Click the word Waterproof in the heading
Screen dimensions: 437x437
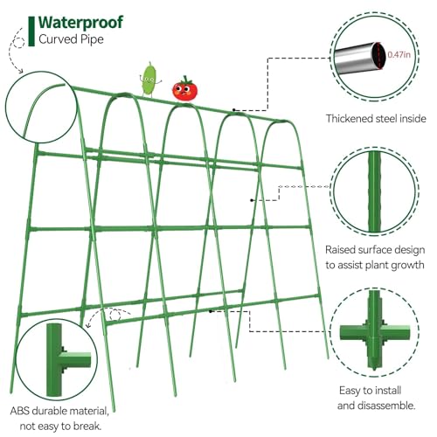point(80,23)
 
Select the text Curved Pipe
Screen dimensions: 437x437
point(71,39)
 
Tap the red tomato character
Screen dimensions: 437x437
point(184,89)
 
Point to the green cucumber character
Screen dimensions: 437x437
point(150,79)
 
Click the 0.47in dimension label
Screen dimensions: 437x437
point(399,54)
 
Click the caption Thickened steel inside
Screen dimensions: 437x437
point(376,119)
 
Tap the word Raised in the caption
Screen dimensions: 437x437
point(340,250)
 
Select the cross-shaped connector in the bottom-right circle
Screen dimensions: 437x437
point(374,332)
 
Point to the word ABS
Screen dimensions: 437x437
point(20,411)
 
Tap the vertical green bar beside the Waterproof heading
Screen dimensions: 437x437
point(31,31)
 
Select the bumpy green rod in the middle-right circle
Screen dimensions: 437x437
point(374,191)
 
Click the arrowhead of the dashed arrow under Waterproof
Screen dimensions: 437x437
point(21,71)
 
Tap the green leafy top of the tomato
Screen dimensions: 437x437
point(184,80)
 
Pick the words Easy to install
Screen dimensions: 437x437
point(370,390)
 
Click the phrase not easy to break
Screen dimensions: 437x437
point(60,427)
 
